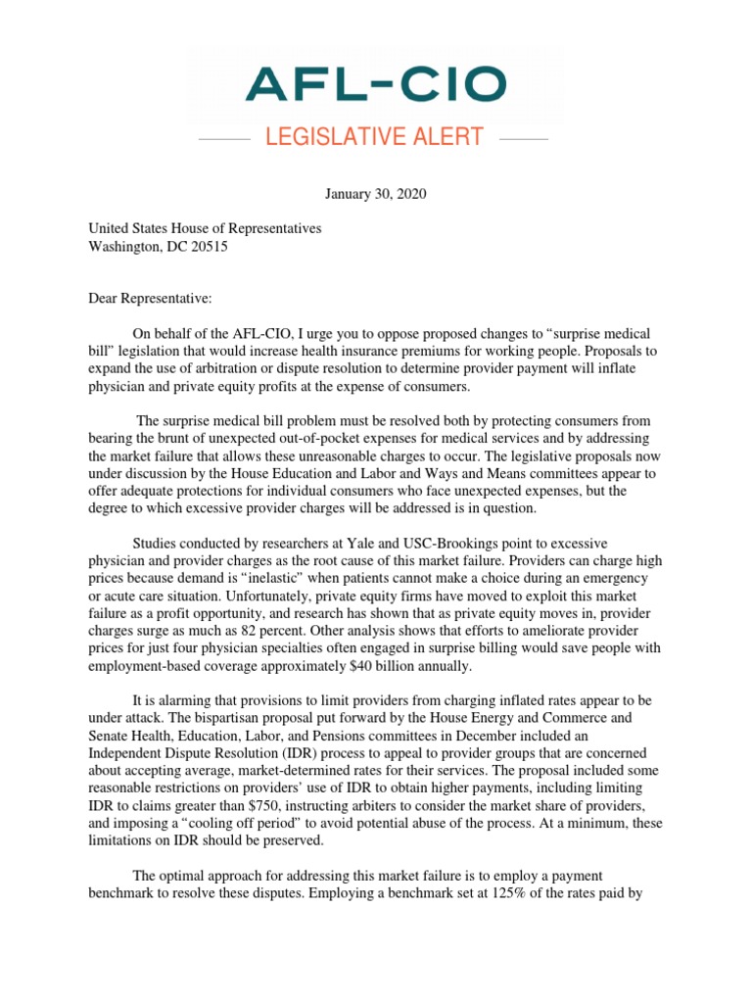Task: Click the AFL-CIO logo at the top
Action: coord(376,84)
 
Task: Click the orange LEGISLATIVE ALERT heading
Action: coord(374,137)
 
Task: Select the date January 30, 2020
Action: coord(376,194)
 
